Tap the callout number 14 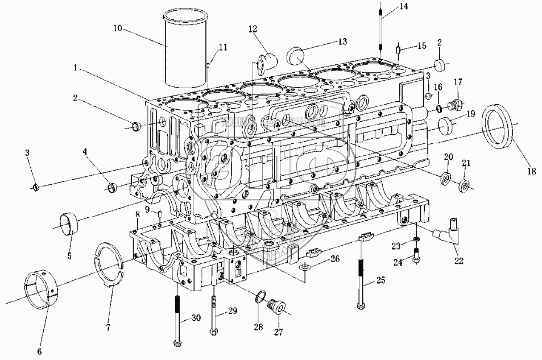403,6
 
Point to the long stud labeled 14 379,28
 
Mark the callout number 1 75,67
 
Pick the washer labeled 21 464,184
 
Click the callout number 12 253,28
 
